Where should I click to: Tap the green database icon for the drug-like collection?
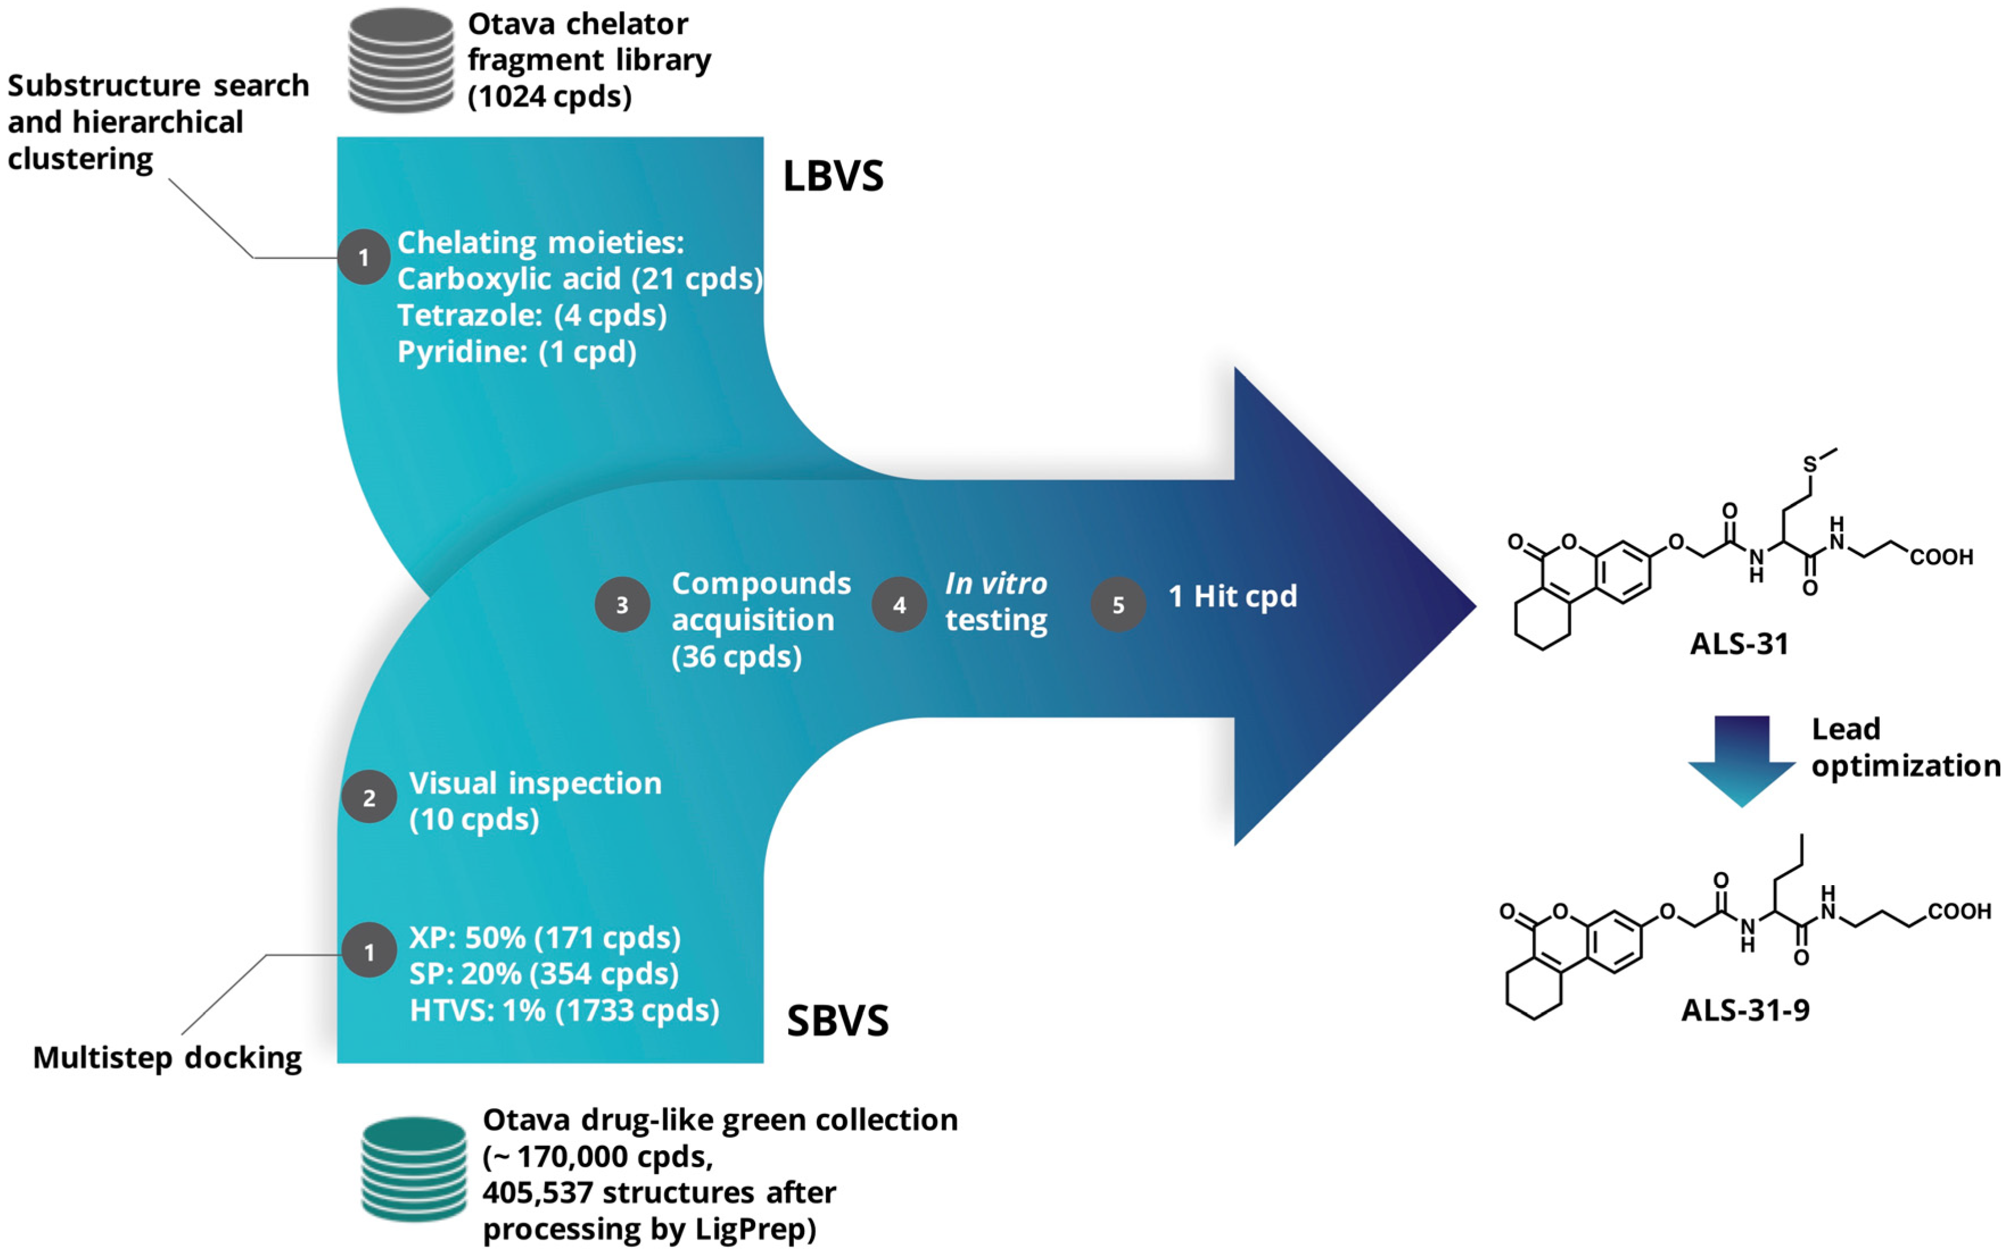(413, 1169)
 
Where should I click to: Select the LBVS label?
(833, 176)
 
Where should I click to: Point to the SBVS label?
(837, 1021)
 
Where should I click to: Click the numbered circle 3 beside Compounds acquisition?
(622, 605)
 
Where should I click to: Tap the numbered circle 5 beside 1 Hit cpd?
(1118, 605)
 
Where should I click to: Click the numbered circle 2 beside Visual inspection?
(369, 798)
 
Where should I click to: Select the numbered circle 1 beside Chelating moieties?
(364, 258)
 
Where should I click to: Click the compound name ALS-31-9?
(1745, 1010)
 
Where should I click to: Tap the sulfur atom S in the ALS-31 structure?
(1811, 464)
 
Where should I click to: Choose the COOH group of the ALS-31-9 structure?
(1959, 911)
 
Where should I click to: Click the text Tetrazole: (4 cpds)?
(532, 316)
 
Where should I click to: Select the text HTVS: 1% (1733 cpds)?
(564, 1010)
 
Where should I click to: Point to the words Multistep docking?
(167, 1057)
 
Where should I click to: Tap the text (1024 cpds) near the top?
(550, 96)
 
